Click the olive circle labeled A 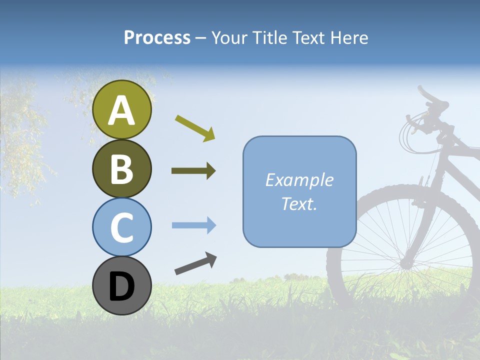(x=122, y=110)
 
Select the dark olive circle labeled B (x=122, y=168)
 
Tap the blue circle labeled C (x=122, y=227)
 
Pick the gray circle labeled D (x=122, y=285)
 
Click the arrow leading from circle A (x=195, y=127)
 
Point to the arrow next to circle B (x=193, y=171)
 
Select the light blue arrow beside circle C (x=193, y=225)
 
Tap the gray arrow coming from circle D (x=195, y=264)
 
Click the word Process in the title (x=157, y=37)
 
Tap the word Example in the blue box (x=299, y=180)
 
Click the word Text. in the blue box (x=299, y=203)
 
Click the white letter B (x=122, y=169)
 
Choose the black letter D (x=122, y=286)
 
